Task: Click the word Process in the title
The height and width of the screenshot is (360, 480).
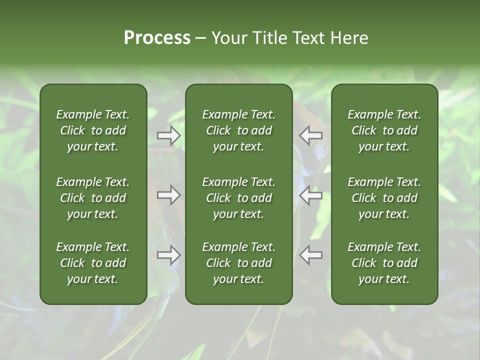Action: pos(157,38)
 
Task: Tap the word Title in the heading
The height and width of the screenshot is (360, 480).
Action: pos(269,38)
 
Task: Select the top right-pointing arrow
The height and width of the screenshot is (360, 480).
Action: pos(169,135)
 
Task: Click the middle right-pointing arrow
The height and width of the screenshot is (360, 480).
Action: pos(169,195)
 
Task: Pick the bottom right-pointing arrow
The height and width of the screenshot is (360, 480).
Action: pos(169,255)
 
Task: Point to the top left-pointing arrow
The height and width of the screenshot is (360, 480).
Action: pos(311,135)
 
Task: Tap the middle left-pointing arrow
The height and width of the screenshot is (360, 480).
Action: pos(311,195)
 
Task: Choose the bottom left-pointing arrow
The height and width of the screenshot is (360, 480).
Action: pos(311,255)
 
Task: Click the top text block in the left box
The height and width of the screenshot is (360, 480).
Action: pos(93,130)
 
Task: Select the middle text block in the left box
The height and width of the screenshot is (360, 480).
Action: pos(93,198)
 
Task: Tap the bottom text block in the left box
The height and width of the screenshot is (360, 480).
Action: pos(93,263)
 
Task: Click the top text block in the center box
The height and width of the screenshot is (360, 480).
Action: pos(239,130)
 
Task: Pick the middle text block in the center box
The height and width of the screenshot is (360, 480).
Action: pos(239,198)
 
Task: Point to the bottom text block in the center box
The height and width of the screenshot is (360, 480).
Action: pos(239,263)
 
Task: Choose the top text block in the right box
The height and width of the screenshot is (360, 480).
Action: pos(384,130)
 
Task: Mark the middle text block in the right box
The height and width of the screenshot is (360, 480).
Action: pos(384,198)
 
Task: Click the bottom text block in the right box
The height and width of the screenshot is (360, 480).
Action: pos(384,263)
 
